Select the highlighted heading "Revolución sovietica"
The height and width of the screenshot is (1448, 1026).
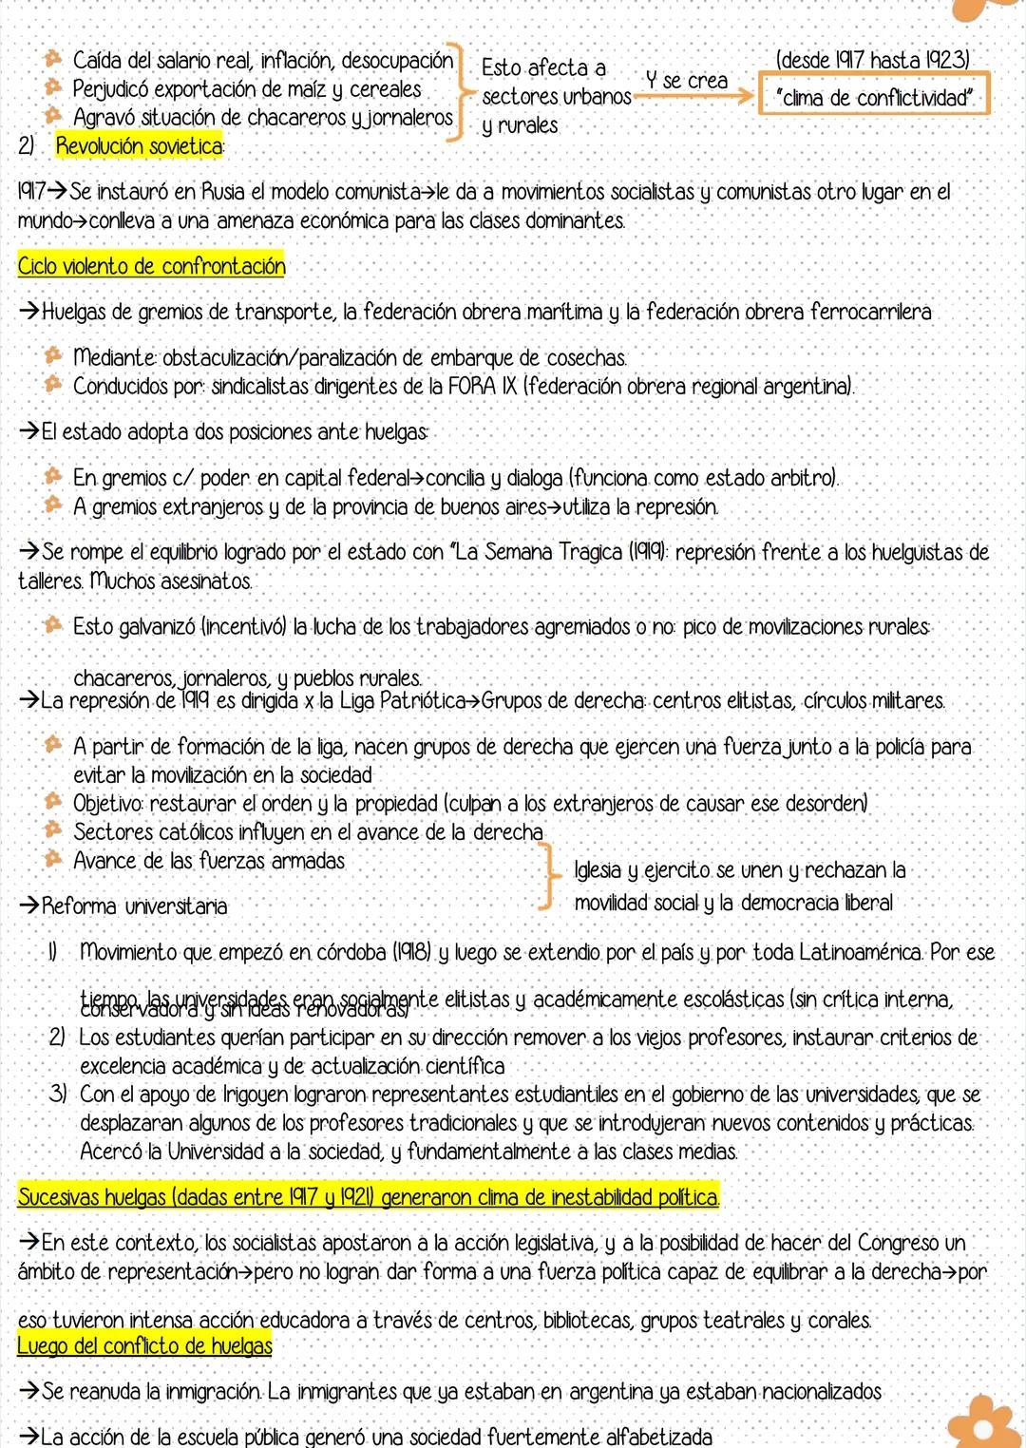pyautogui.click(x=140, y=146)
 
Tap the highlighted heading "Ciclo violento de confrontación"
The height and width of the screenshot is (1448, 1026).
pyautogui.click(x=151, y=266)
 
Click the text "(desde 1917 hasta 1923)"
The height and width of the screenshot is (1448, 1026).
pyautogui.click(x=873, y=60)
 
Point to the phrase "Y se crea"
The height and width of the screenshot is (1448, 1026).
pyautogui.click(x=686, y=81)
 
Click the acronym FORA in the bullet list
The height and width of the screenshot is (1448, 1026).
pyautogui.click(x=467, y=387)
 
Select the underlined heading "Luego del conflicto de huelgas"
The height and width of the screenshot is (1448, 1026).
pyautogui.click(x=144, y=1345)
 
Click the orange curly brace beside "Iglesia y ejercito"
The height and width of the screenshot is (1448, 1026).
pyautogui.click(x=545, y=878)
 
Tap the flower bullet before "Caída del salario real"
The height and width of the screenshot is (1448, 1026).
pyautogui.click(x=53, y=60)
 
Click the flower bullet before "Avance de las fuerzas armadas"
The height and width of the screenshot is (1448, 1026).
pyautogui.click(x=53, y=860)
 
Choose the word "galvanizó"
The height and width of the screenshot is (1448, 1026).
pyautogui.click(x=159, y=627)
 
